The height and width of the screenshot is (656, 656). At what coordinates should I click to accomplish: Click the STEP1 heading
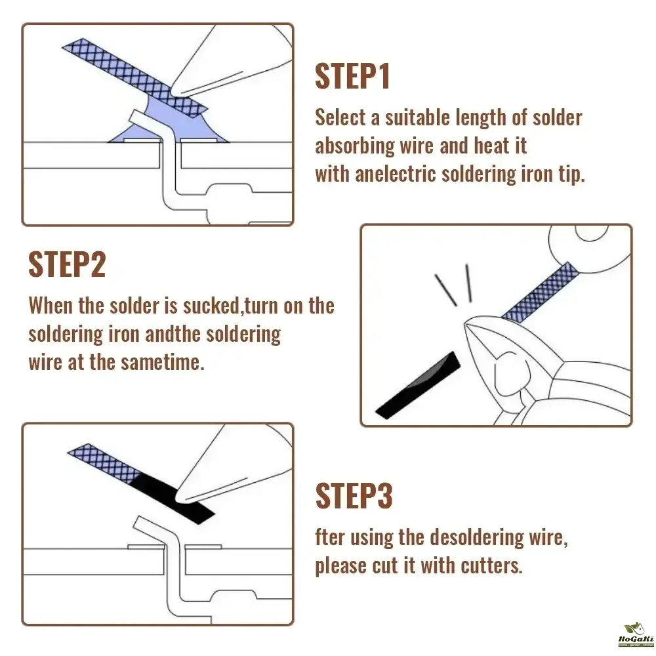click(352, 76)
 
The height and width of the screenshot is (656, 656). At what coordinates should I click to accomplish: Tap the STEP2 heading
click(67, 264)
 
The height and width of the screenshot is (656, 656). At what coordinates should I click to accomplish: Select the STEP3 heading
click(354, 496)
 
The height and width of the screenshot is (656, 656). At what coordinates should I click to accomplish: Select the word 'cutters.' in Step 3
click(491, 565)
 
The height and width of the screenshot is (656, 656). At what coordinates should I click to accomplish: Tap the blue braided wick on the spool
click(541, 293)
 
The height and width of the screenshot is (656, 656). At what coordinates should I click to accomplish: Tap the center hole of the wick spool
click(592, 233)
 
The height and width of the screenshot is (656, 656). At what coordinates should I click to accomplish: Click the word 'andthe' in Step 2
click(173, 335)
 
